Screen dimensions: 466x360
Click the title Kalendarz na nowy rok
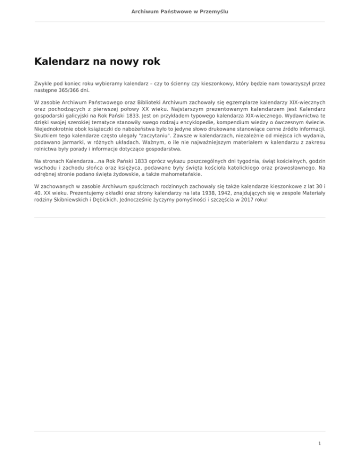tap(97, 61)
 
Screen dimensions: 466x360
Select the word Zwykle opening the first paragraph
tap(43, 82)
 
